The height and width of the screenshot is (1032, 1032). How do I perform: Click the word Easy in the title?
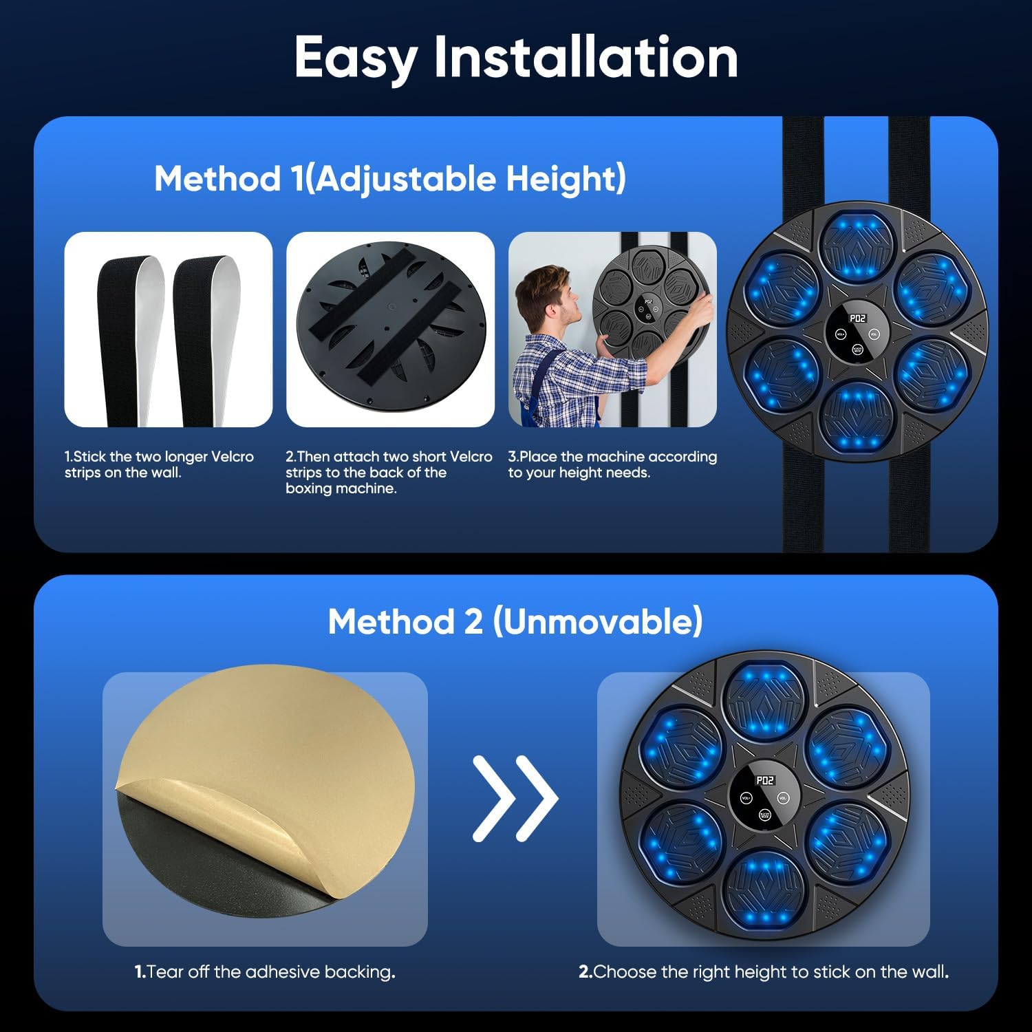[356, 58]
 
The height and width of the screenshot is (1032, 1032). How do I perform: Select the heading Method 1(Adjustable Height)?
[390, 179]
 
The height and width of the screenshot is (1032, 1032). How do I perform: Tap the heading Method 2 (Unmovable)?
[515, 621]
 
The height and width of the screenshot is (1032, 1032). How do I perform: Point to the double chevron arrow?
[515, 798]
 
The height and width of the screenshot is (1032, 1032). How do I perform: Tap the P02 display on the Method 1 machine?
[857, 319]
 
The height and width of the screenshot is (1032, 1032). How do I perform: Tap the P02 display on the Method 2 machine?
[765, 780]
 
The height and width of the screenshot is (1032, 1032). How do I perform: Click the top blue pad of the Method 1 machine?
[857, 244]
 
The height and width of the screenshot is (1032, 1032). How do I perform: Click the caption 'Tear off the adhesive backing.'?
[265, 971]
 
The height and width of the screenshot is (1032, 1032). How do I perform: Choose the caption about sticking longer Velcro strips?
[159, 464]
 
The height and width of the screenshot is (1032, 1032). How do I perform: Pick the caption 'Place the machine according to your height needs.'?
[612, 464]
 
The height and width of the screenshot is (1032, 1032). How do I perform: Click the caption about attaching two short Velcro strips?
[389, 472]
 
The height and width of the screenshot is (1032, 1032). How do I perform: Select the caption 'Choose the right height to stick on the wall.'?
[764, 971]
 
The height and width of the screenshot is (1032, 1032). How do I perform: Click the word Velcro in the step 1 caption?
[233, 457]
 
